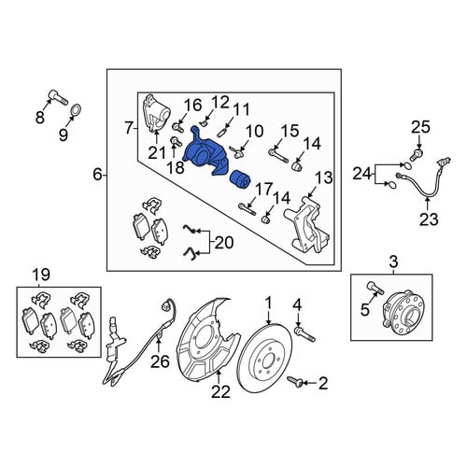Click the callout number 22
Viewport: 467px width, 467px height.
[220, 391]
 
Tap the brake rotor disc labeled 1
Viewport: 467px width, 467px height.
[264, 359]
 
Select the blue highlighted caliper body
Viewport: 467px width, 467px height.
[206, 152]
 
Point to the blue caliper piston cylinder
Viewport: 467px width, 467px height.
[240, 179]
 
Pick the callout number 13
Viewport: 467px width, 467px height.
[323, 178]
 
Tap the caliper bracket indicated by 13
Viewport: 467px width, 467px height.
[306, 224]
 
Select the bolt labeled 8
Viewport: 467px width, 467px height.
[59, 97]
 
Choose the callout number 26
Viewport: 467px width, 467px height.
[160, 361]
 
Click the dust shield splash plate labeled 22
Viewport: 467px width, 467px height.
[208, 339]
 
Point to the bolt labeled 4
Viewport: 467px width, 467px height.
[304, 333]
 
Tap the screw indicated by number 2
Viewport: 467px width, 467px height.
[295, 381]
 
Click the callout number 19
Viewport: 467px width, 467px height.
[41, 275]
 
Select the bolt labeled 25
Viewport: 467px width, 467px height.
[416, 155]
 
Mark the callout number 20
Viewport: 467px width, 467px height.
[224, 243]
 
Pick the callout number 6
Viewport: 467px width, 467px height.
[97, 175]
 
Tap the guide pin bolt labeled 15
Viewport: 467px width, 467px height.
[278, 156]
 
